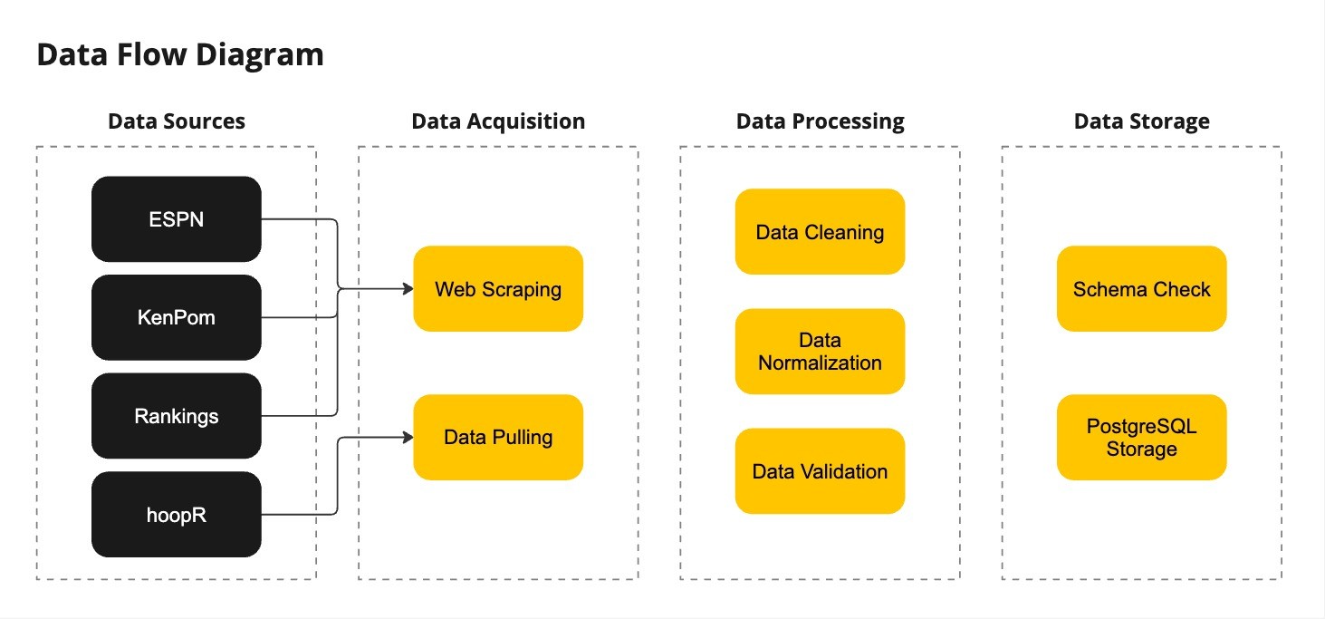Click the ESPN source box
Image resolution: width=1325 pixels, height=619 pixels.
point(177,219)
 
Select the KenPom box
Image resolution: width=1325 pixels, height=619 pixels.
point(177,317)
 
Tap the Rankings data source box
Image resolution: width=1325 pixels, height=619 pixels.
point(177,415)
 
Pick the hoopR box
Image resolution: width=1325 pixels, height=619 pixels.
point(177,514)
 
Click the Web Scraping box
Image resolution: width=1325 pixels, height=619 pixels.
point(498,289)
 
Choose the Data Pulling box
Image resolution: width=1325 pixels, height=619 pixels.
point(498,438)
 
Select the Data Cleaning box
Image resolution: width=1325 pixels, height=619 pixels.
point(820,231)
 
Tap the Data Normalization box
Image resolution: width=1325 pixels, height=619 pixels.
point(820,352)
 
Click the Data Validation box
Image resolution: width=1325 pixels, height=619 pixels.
point(820,471)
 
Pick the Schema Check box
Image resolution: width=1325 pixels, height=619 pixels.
point(1142,289)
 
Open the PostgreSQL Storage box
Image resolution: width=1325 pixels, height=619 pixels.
point(1142,438)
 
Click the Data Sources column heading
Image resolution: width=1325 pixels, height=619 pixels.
point(177,121)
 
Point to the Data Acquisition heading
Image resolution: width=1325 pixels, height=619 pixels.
point(498,122)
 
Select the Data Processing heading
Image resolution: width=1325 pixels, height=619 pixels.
point(820,122)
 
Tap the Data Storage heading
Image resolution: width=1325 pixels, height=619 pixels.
point(1142,122)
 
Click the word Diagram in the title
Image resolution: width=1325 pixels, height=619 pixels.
point(260,55)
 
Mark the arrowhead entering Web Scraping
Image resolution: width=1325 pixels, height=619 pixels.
point(408,289)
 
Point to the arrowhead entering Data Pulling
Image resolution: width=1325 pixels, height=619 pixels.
point(408,438)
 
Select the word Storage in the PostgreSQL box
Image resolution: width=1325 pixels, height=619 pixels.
point(1142,450)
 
